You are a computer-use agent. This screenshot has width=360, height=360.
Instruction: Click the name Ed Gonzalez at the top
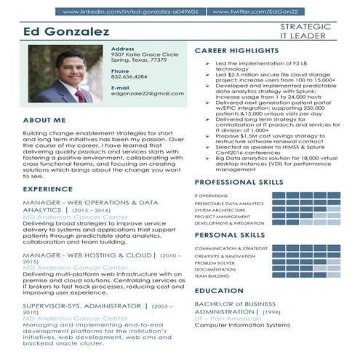(x=66, y=32)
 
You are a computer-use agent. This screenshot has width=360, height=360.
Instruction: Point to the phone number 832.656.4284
(x=129, y=76)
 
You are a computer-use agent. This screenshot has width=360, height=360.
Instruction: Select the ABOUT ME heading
(x=44, y=119)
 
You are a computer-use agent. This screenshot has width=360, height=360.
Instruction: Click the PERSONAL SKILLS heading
(x=229, y=236)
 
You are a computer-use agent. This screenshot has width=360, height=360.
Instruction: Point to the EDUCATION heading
(x=219, y=290)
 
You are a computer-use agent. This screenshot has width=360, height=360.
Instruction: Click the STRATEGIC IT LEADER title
(x=305, y=31)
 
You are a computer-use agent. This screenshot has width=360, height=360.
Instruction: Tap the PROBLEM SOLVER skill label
(x=215, y=263)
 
